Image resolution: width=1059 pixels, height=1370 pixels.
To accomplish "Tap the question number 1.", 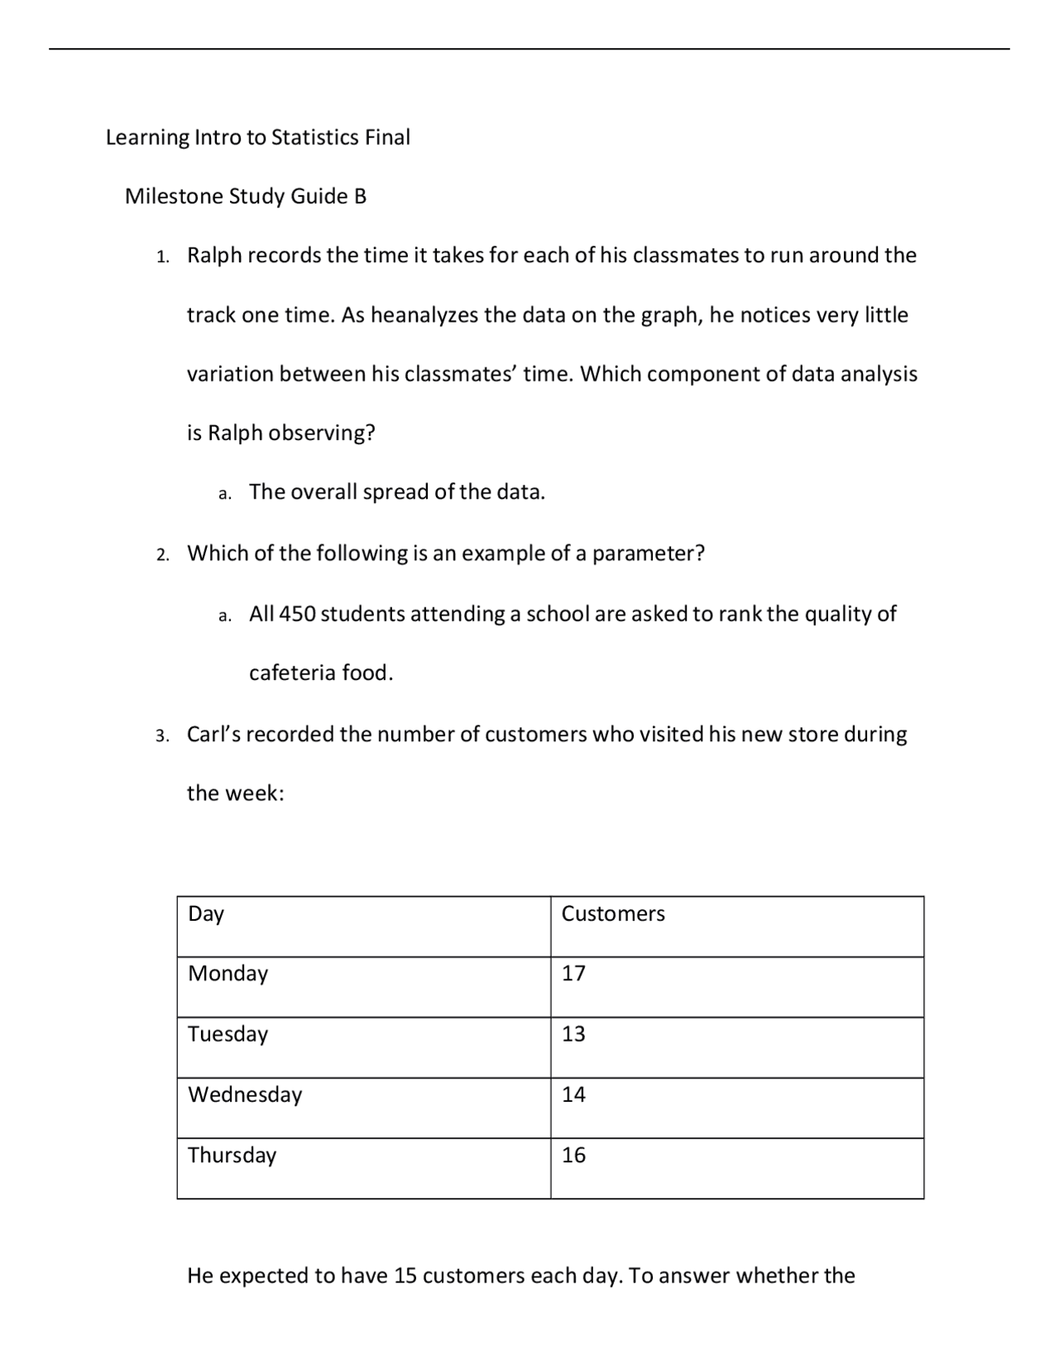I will pos(162,257).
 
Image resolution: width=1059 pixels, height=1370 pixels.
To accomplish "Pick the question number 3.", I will pos(162,735).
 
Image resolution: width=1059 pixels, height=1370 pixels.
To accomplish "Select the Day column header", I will pos(205,914).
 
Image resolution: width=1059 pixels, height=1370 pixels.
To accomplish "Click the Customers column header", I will pos(612,914).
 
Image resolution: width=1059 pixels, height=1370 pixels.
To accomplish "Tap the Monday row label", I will pos(228,974).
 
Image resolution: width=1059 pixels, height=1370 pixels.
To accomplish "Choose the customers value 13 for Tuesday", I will pos(573,1034).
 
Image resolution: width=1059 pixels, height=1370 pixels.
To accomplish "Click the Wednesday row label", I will pos(245,1095).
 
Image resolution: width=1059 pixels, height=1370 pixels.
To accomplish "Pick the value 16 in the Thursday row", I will pos(573,1155).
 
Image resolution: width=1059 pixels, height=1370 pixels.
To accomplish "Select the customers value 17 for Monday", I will pos(573,974).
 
